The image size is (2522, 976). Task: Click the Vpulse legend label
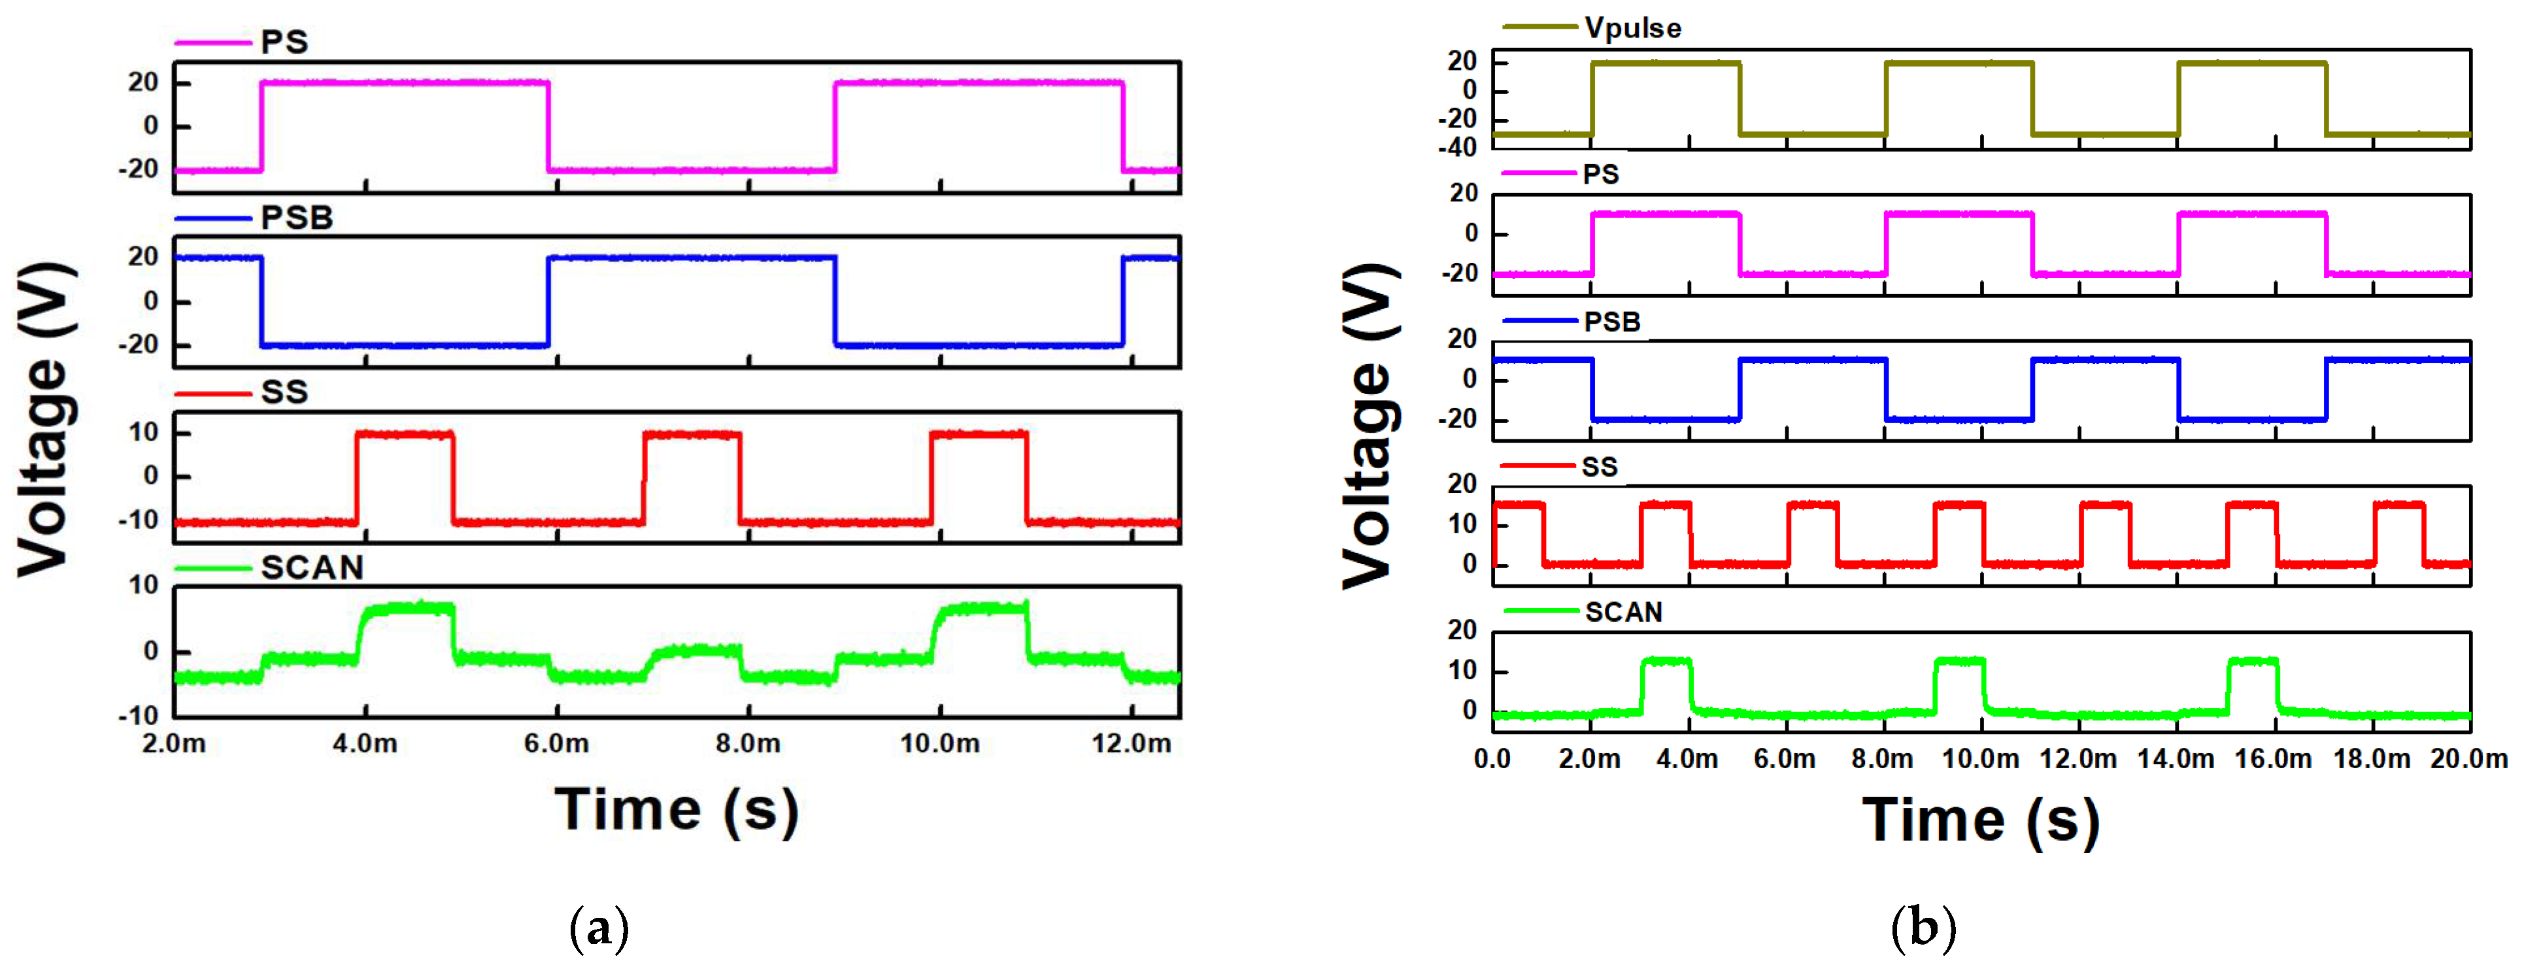(x=1632, y=28)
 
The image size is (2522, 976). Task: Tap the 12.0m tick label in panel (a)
(x=1131, y=744)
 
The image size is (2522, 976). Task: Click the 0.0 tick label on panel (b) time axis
(x=1492, y=759)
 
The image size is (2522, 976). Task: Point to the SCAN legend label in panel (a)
(x=311, y=568)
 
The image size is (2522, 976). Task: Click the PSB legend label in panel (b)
(x=1611, y=322)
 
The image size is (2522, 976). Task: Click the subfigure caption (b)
(x=1923, y=926)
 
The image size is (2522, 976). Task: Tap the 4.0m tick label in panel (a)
(x=365, y=744)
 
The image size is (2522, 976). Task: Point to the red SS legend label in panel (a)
(x=284, y=392)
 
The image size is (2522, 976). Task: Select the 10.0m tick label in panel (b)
(x=1979, y=759)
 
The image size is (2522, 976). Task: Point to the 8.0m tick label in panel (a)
(x=748, y=744)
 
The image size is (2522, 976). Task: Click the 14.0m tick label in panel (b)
(x=2176, y=759)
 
